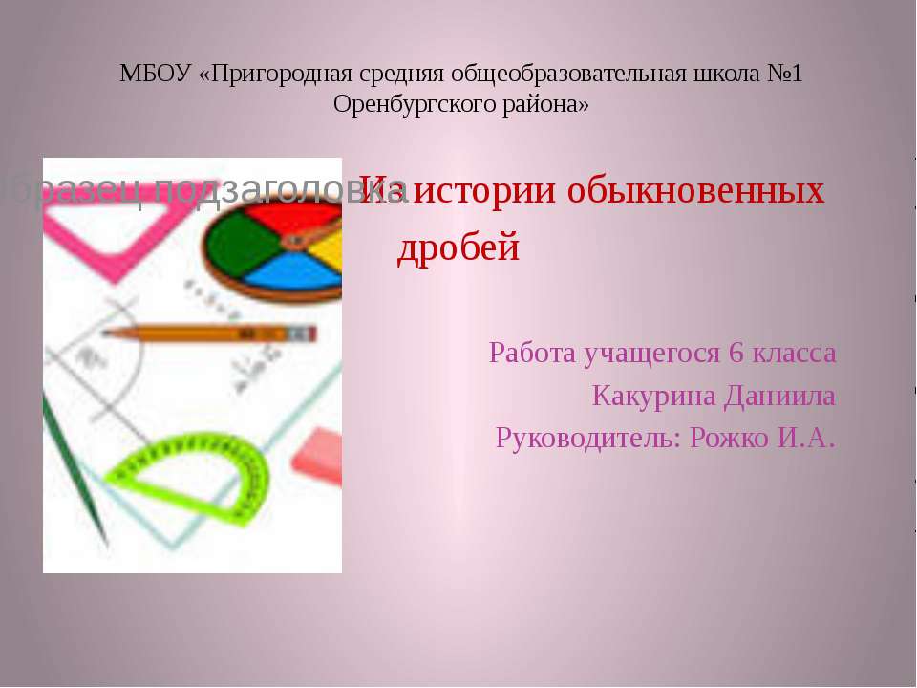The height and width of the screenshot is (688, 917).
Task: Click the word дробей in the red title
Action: [458, 248]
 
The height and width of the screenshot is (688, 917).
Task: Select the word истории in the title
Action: [487, 191]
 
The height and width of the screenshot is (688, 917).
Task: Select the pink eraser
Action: [316, 448]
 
